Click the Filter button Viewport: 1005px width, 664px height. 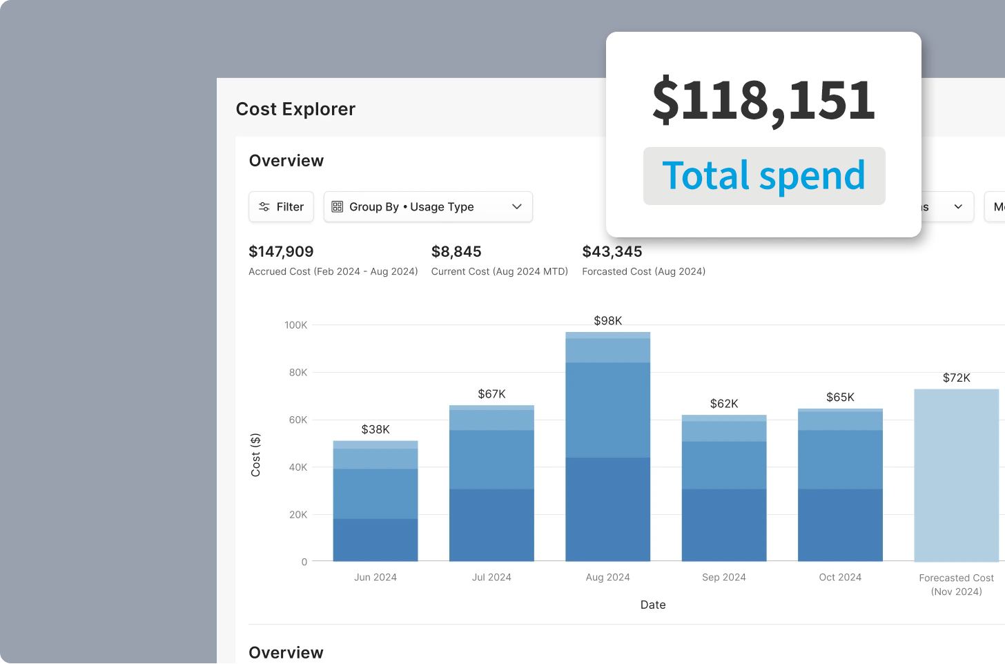coord(281,207)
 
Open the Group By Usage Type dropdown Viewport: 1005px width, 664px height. coord(428,207)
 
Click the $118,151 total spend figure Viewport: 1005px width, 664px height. coord(763,100)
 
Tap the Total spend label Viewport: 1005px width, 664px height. coord(763,176)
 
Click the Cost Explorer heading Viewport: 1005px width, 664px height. coord(295,109)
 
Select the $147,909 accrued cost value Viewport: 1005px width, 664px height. coord(281,252)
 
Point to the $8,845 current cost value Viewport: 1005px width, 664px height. coord(456,252)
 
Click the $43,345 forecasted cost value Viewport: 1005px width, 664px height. coord(612,252)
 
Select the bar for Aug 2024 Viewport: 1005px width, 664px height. coord(607,449)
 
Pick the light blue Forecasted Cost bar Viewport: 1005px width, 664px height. coord(956,476)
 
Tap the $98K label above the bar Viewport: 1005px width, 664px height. coord(607,321)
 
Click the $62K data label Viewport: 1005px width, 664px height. coord(724,404)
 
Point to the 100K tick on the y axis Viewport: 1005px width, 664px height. coord(296,325)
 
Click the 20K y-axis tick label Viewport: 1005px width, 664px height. coord(298,515)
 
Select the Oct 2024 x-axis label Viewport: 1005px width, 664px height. coord(840,578)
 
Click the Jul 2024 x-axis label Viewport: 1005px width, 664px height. coord(491,578)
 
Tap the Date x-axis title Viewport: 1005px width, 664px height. coord(653,605)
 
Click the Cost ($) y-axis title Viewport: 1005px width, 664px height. coord(256,455)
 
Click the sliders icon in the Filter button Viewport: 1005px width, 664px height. coord(264,207)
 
